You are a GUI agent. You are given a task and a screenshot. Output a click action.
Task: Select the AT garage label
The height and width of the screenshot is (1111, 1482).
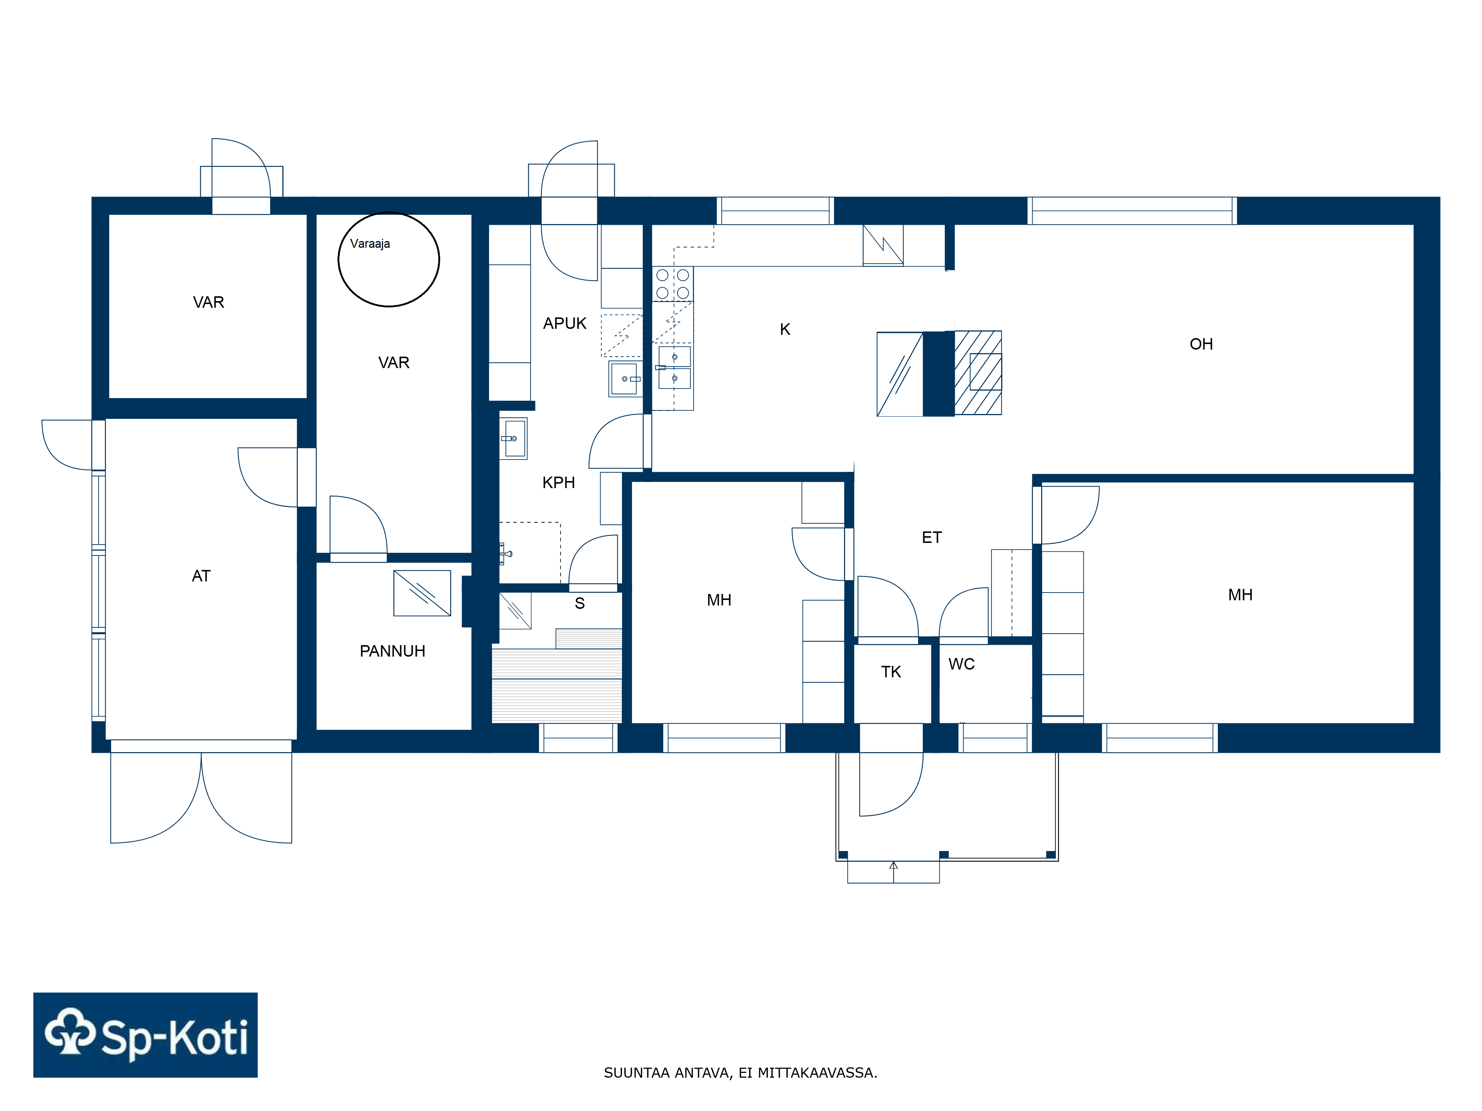[201, 576]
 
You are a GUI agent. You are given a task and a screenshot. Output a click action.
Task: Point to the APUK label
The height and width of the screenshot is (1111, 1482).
[564, 323]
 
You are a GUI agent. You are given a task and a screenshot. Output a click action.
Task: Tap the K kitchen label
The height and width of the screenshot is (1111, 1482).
[785, 330]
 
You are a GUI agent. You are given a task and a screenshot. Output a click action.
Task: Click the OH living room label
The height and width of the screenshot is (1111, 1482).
[1201, 344]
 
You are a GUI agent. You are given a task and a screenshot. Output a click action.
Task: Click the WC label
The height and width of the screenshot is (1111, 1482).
[961, 664]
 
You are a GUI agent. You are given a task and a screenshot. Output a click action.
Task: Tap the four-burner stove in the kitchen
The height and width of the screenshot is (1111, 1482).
[673, 284]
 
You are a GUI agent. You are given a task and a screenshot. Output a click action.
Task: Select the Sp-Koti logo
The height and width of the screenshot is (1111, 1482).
[145, 1035]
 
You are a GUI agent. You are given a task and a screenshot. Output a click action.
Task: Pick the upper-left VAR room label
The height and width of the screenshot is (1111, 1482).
[208, 303]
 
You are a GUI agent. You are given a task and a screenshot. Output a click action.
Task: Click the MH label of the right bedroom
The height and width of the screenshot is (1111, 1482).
[1240, 595]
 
